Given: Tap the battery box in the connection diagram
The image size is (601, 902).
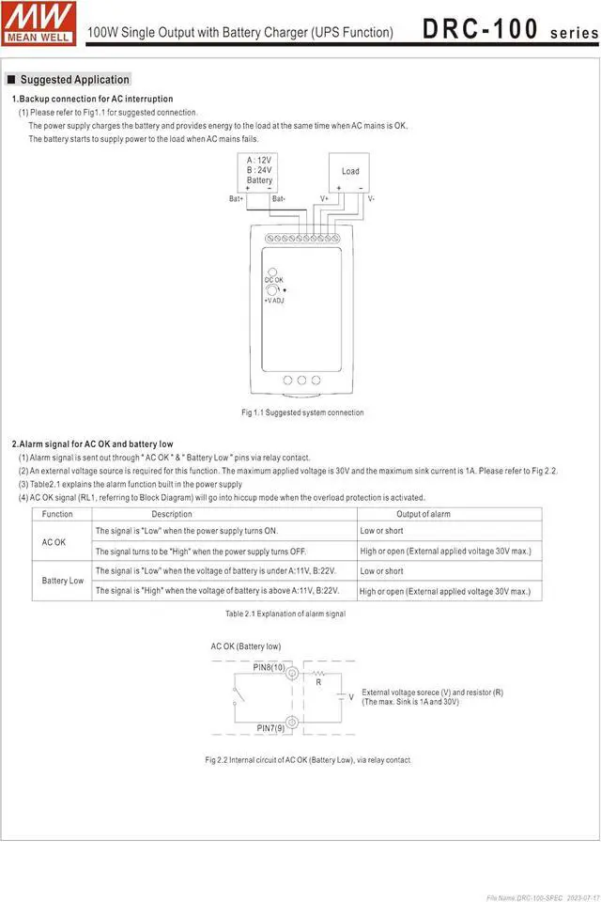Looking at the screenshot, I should [x=259, y=170].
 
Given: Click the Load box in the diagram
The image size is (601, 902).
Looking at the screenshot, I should [x=349, y=171].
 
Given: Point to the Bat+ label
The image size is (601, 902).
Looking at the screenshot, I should [x=236, y=199].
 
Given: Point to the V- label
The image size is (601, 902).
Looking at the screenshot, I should [x=372, y=199].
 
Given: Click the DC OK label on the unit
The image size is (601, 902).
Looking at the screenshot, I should [x=273, y=280].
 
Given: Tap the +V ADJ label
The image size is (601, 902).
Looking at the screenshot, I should [x=274, y=301].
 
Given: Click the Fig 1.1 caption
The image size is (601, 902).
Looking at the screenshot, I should [x=302, y=412].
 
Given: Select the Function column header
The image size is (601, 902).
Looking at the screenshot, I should [x=57, y=514].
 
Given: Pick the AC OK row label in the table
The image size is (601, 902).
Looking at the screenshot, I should [x=54, y=542].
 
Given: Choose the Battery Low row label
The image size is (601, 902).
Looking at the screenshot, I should [x=63, y=581].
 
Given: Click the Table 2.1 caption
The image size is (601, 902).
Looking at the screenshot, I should [x=285, y=614].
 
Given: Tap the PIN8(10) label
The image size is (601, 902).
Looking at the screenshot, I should [x=270, y=666].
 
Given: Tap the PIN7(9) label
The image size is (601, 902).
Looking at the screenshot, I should [x=272, y=728].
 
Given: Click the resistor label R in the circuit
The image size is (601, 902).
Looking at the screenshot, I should [x=318, y=683].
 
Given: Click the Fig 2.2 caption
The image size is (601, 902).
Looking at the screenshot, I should [x=308, y=759].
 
